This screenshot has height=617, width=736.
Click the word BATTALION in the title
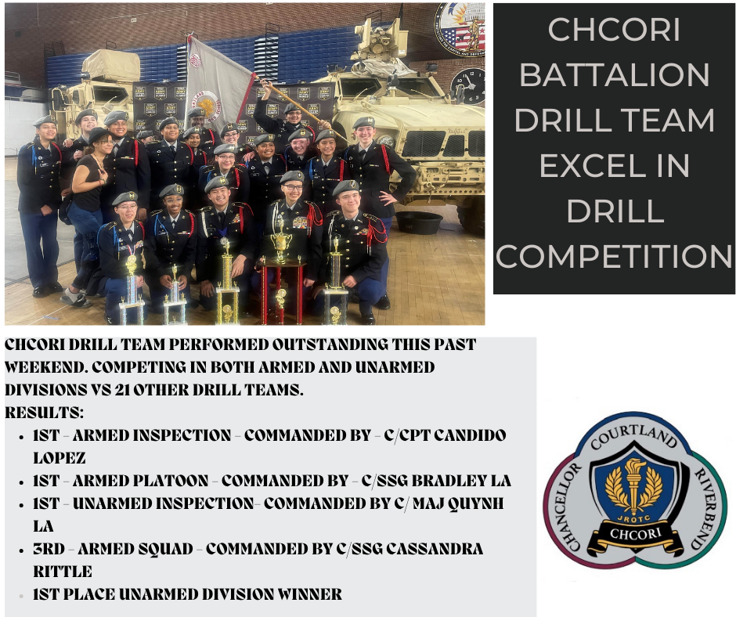tap(615, 75)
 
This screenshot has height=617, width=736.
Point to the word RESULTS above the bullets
tap(44, 412)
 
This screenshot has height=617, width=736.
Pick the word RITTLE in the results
tap(63, 572)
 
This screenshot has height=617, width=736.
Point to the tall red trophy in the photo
tap(280, 270)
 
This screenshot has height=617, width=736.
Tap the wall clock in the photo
tap(469, 85)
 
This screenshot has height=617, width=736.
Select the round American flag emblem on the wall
tap(460, 29)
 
